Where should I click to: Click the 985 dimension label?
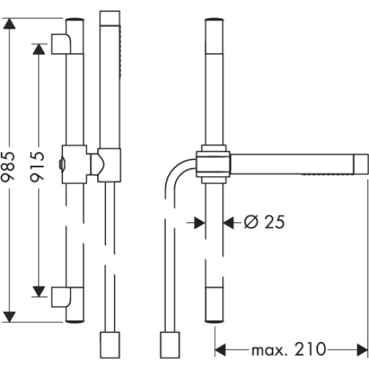pyautogui.click(x=8, y=167)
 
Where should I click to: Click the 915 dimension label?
pyautogui.click(x=37, y=167)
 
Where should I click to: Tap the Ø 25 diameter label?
pyautogui.click(x=265, y=222)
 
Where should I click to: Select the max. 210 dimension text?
pyautogui.click(x=289, y=349)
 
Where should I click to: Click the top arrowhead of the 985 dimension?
pyautogui.click(x=9, y=23)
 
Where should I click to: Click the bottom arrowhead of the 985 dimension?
pyautogui.click(x=9, y=316)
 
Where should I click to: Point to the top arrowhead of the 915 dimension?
pyautogui.click(x=39, y=49)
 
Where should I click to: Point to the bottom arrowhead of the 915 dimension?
pyautogui.click(x=39, y=292)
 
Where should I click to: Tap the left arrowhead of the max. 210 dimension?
pyautogui.click(x=220, y=350)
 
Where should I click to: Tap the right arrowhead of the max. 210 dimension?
pyautogui.click(x=362, y=350)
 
